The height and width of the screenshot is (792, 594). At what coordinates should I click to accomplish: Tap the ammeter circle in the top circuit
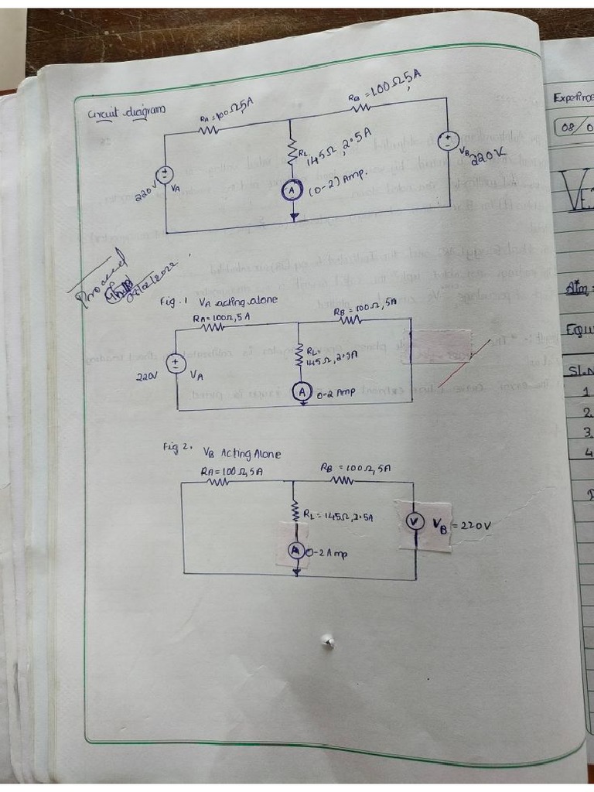click(292, 190)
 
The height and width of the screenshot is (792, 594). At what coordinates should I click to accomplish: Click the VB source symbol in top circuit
click(447, 140)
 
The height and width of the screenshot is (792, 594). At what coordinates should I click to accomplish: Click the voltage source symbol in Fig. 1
click(177, 363)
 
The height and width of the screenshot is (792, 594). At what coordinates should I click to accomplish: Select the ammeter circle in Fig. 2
click(295, 550)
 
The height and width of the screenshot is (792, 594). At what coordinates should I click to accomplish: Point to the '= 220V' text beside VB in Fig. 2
click(470, 526)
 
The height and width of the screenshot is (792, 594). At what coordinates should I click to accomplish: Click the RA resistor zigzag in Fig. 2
click(217, 481)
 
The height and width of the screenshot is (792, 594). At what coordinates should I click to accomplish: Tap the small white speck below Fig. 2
click(328, 640)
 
